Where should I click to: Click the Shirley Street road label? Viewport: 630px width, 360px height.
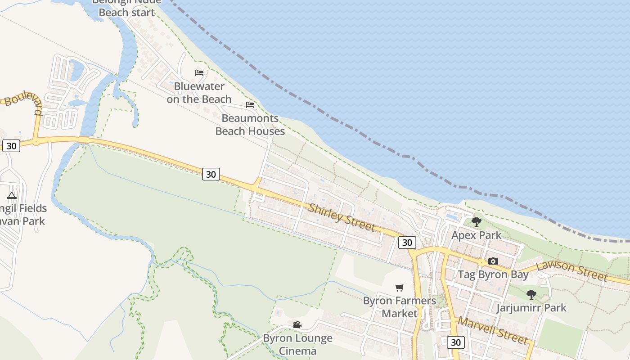342,217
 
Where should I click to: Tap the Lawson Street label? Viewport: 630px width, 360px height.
571,270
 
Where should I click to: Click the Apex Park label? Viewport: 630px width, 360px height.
476,235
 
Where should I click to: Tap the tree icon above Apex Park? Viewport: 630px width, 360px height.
476,221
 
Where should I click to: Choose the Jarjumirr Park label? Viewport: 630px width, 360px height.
531,308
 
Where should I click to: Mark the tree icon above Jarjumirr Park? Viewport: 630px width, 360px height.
531,295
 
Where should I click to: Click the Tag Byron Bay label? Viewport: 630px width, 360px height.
493,274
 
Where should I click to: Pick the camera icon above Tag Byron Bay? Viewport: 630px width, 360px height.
493,261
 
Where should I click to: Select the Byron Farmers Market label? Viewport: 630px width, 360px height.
400,307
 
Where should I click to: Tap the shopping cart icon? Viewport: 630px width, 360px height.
399,288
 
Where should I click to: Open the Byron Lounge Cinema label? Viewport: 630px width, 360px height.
297,344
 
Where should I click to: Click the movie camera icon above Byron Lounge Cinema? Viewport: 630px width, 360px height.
297,324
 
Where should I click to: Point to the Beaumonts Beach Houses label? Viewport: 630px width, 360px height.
250,125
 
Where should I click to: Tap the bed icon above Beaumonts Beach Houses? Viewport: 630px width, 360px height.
250,105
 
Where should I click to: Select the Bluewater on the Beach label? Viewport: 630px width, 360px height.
199,92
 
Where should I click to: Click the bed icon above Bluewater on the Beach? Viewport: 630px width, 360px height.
199,72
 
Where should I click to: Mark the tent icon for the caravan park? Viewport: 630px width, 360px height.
12,195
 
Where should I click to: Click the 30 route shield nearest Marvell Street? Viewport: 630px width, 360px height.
455,342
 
